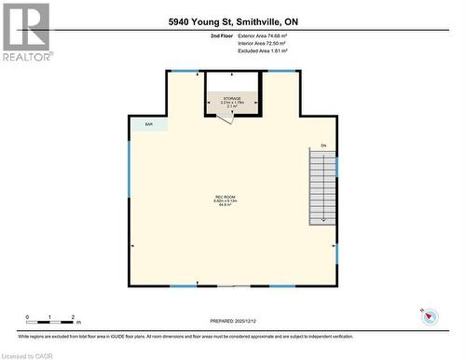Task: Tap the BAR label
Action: (x=147, y=123)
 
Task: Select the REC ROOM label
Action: (x=224, y=198)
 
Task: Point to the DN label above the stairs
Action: (x=323, y=146)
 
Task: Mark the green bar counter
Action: (x=149, y=123)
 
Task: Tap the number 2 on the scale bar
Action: (x=74, y=318)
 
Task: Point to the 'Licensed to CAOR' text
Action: (x=29, y=354)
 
